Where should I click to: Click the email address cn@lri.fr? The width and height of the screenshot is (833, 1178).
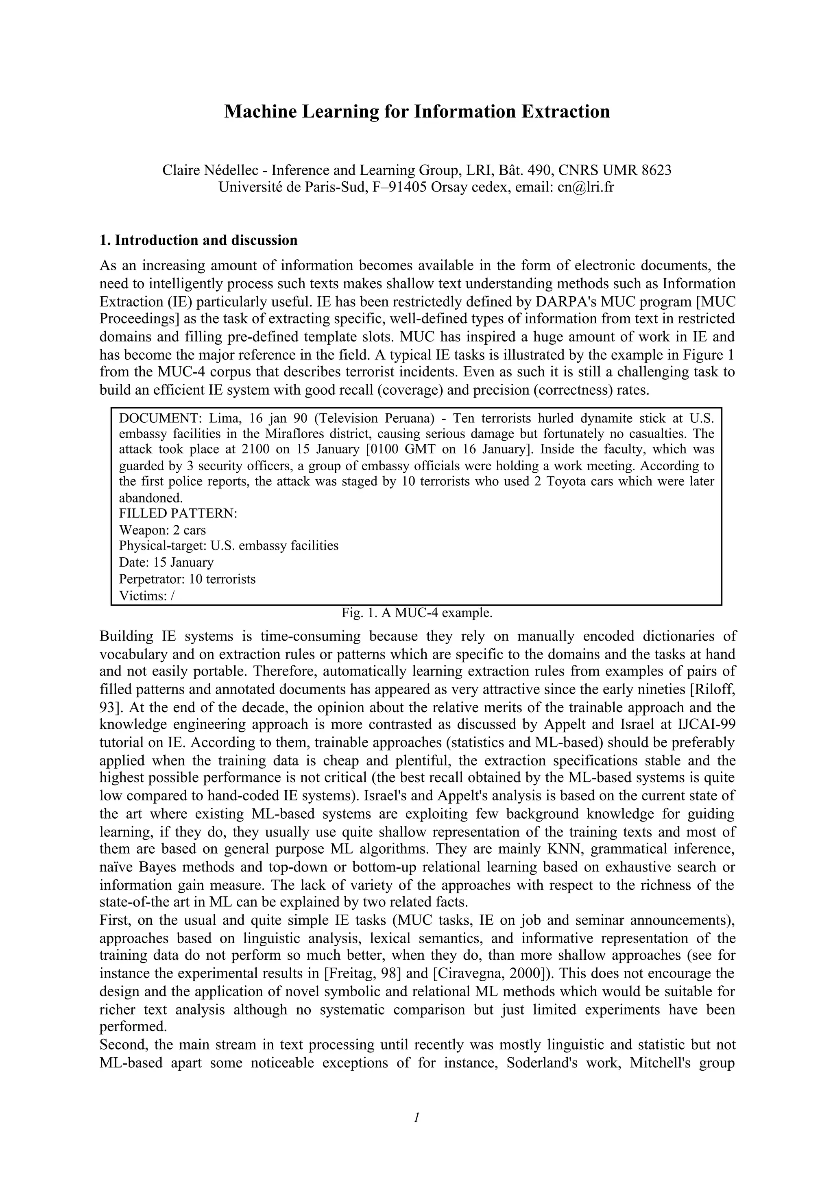[585, 187]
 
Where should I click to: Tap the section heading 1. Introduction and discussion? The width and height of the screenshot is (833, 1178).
[198, 240]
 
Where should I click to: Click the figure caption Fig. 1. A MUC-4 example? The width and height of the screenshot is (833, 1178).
[417, 613]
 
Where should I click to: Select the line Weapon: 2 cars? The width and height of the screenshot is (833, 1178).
[162, 530]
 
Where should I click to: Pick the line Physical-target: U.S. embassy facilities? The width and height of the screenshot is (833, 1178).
[229, 546]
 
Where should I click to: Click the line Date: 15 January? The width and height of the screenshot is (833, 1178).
[166, 562]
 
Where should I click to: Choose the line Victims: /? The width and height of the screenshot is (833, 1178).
[147, 596]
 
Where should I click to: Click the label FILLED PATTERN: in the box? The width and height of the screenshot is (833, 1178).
[178, 513]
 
